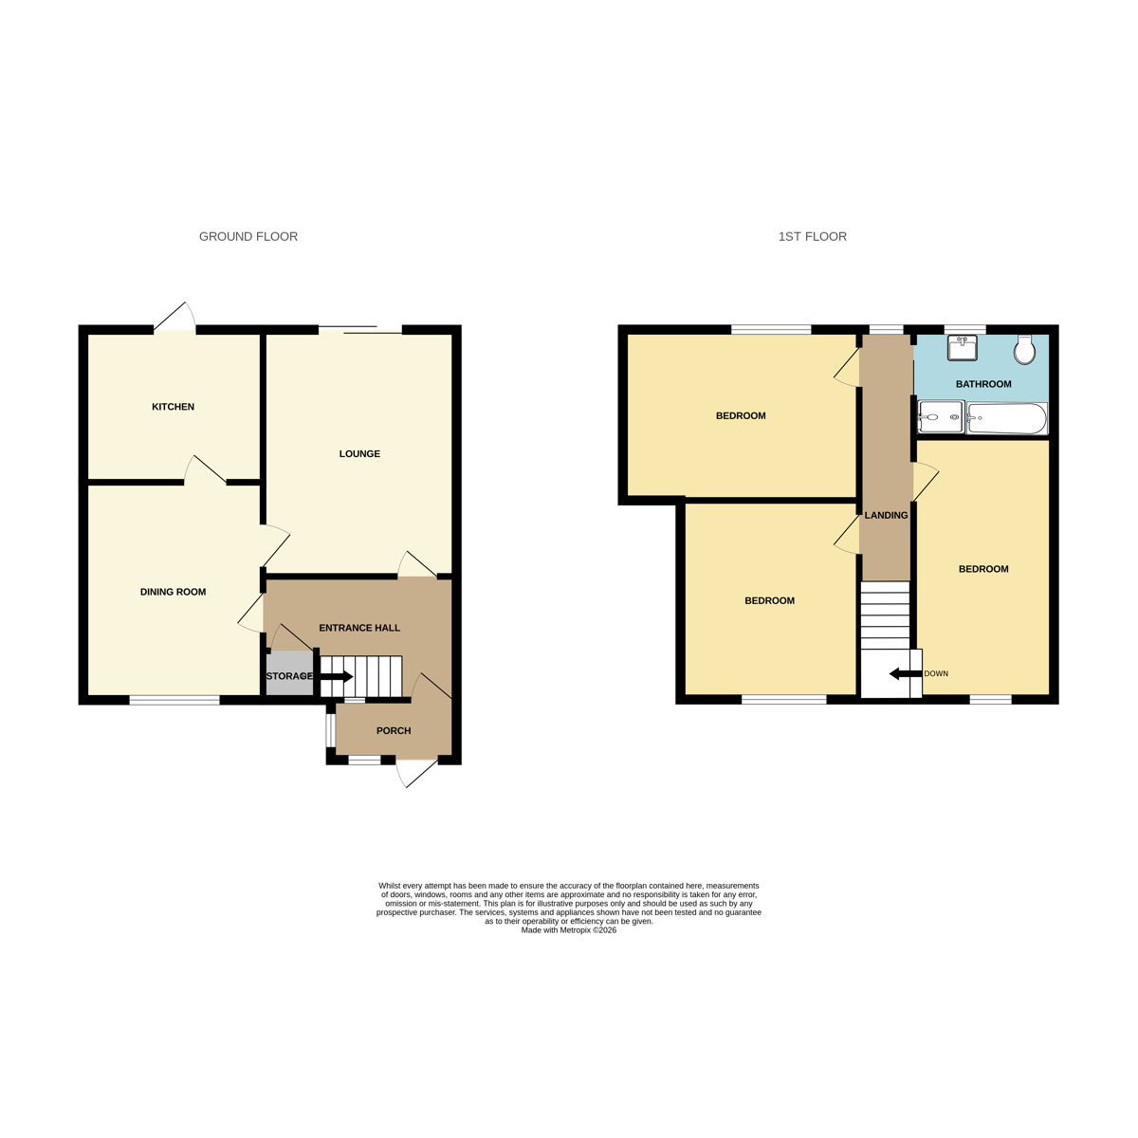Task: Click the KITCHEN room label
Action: click(x=173, y=407)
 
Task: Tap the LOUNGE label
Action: click(x=359, y=454)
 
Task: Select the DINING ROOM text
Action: click(x=173, y=592)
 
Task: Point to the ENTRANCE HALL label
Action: click(x=359, y=628)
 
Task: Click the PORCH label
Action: click(x=394, y=731)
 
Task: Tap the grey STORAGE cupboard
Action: click(x=288, y=676)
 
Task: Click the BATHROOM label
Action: click(x=983, y=384)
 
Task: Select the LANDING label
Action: click(x=886, y=516)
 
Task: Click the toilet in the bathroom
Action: click(x=1024, y=349)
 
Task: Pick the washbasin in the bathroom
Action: click(x=963, y=348)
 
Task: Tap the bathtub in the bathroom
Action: click(x=1007, y=418)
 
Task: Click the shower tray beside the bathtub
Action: click(x=941, y=417)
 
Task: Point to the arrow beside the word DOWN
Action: click(x=904, y=674)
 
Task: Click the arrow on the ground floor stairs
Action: click(x=337, y=676)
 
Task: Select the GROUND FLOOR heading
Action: click(x=248, y=237)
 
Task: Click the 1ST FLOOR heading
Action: click(x=813, y=237)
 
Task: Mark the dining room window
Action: click(x=174, y=701)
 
